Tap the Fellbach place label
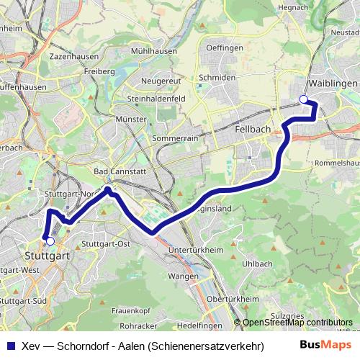click(253, 128)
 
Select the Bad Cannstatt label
click(117, 171)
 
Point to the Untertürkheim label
click(194, 249)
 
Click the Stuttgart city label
click(46, 255)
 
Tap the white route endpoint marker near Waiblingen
click(304, 99)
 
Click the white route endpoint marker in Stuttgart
click(50, 241)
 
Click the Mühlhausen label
click(154, 52)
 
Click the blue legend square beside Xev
click(10, 345)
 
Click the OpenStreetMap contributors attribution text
click(297, 323)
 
